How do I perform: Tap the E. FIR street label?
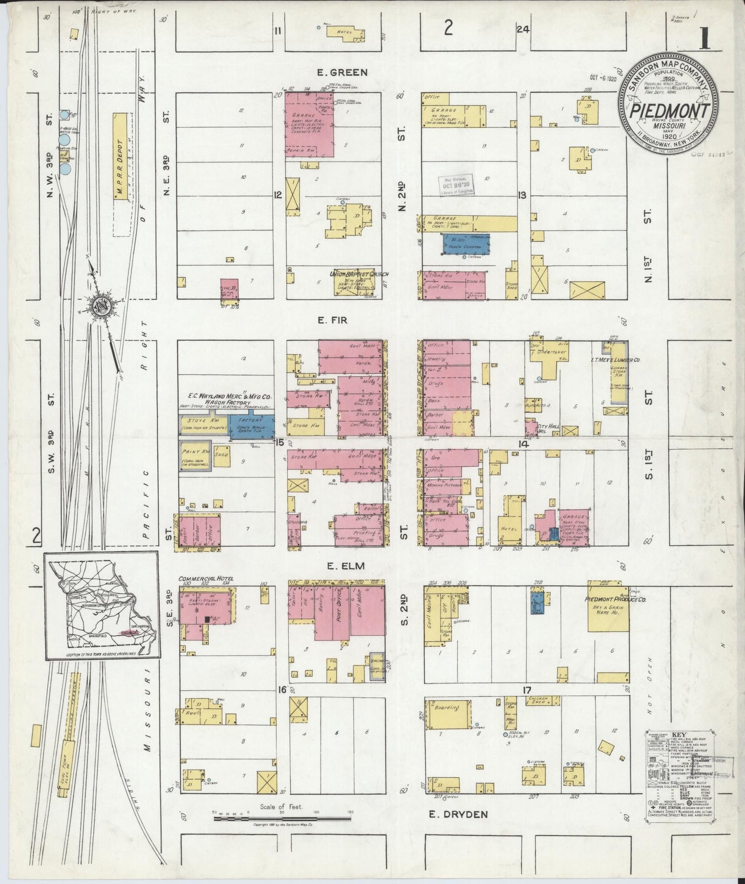tap(332, 320)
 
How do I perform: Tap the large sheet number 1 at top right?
tap(705, 39)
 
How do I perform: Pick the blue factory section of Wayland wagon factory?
tap(255, 423)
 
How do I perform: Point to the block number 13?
tap(522, 195)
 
